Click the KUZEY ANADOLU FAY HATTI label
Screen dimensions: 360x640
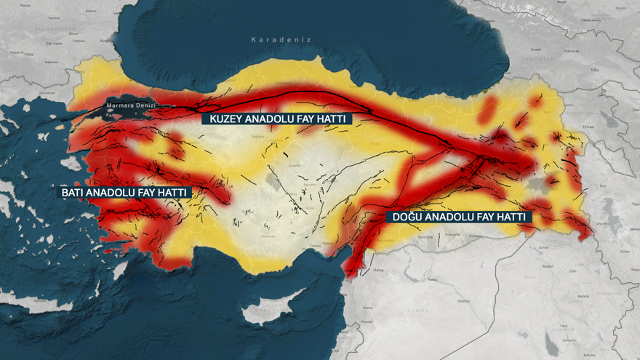click(x=276, y=119)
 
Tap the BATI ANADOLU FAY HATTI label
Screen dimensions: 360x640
click(x=125, y=193)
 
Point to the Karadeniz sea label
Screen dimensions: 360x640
click(x=281, y=39)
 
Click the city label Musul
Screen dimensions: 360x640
click(x=548, y=266)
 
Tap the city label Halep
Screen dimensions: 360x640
click(x=378, y=270)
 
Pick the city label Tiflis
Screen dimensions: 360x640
click(x=594, y=70)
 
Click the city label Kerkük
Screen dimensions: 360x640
click(x=583, y=296)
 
